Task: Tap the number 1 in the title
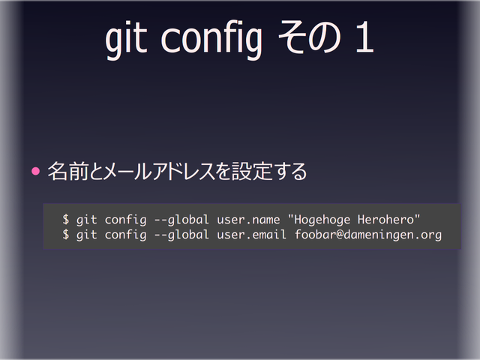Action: [363, 40]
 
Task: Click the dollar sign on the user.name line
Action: [66, 220]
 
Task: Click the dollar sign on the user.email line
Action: [66, 235]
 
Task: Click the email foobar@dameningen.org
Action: [367, 235]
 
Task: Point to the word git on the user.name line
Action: [87, 220]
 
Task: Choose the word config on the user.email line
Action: [126, 235]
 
